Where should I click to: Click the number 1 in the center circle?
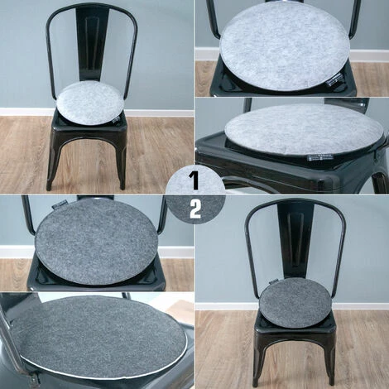coord(194,179)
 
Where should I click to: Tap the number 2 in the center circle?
coord(195,209)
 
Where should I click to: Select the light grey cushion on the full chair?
coord(89,102)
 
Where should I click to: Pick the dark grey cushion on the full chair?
coord(295,301)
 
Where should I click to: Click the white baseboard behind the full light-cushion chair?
coord(25,112)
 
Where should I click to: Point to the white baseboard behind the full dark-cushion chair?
coord(223,307)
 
